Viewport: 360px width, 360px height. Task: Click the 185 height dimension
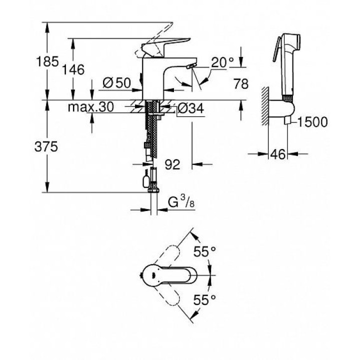coord(47,62)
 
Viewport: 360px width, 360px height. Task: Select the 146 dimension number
coord(73,69)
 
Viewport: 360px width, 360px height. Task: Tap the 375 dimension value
coord(46,146)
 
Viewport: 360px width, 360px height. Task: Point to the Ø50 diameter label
coord(116,82)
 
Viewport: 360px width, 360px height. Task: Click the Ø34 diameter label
coord(190,108)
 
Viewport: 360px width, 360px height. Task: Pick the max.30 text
coord(91,107)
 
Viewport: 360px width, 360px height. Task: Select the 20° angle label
coord(222,62)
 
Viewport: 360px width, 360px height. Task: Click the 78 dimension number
coord(241,84)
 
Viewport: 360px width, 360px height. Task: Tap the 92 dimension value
coord(172,164)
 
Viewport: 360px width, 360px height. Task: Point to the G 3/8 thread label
coord(181,202)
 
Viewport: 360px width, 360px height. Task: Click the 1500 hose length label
coord(312,122)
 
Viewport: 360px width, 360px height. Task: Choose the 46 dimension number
coord(278,154)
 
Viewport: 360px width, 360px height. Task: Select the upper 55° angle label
coord(204,251)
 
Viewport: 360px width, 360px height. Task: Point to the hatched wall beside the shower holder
coord(265,106)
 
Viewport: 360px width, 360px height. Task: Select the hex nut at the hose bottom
coord(153,190)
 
